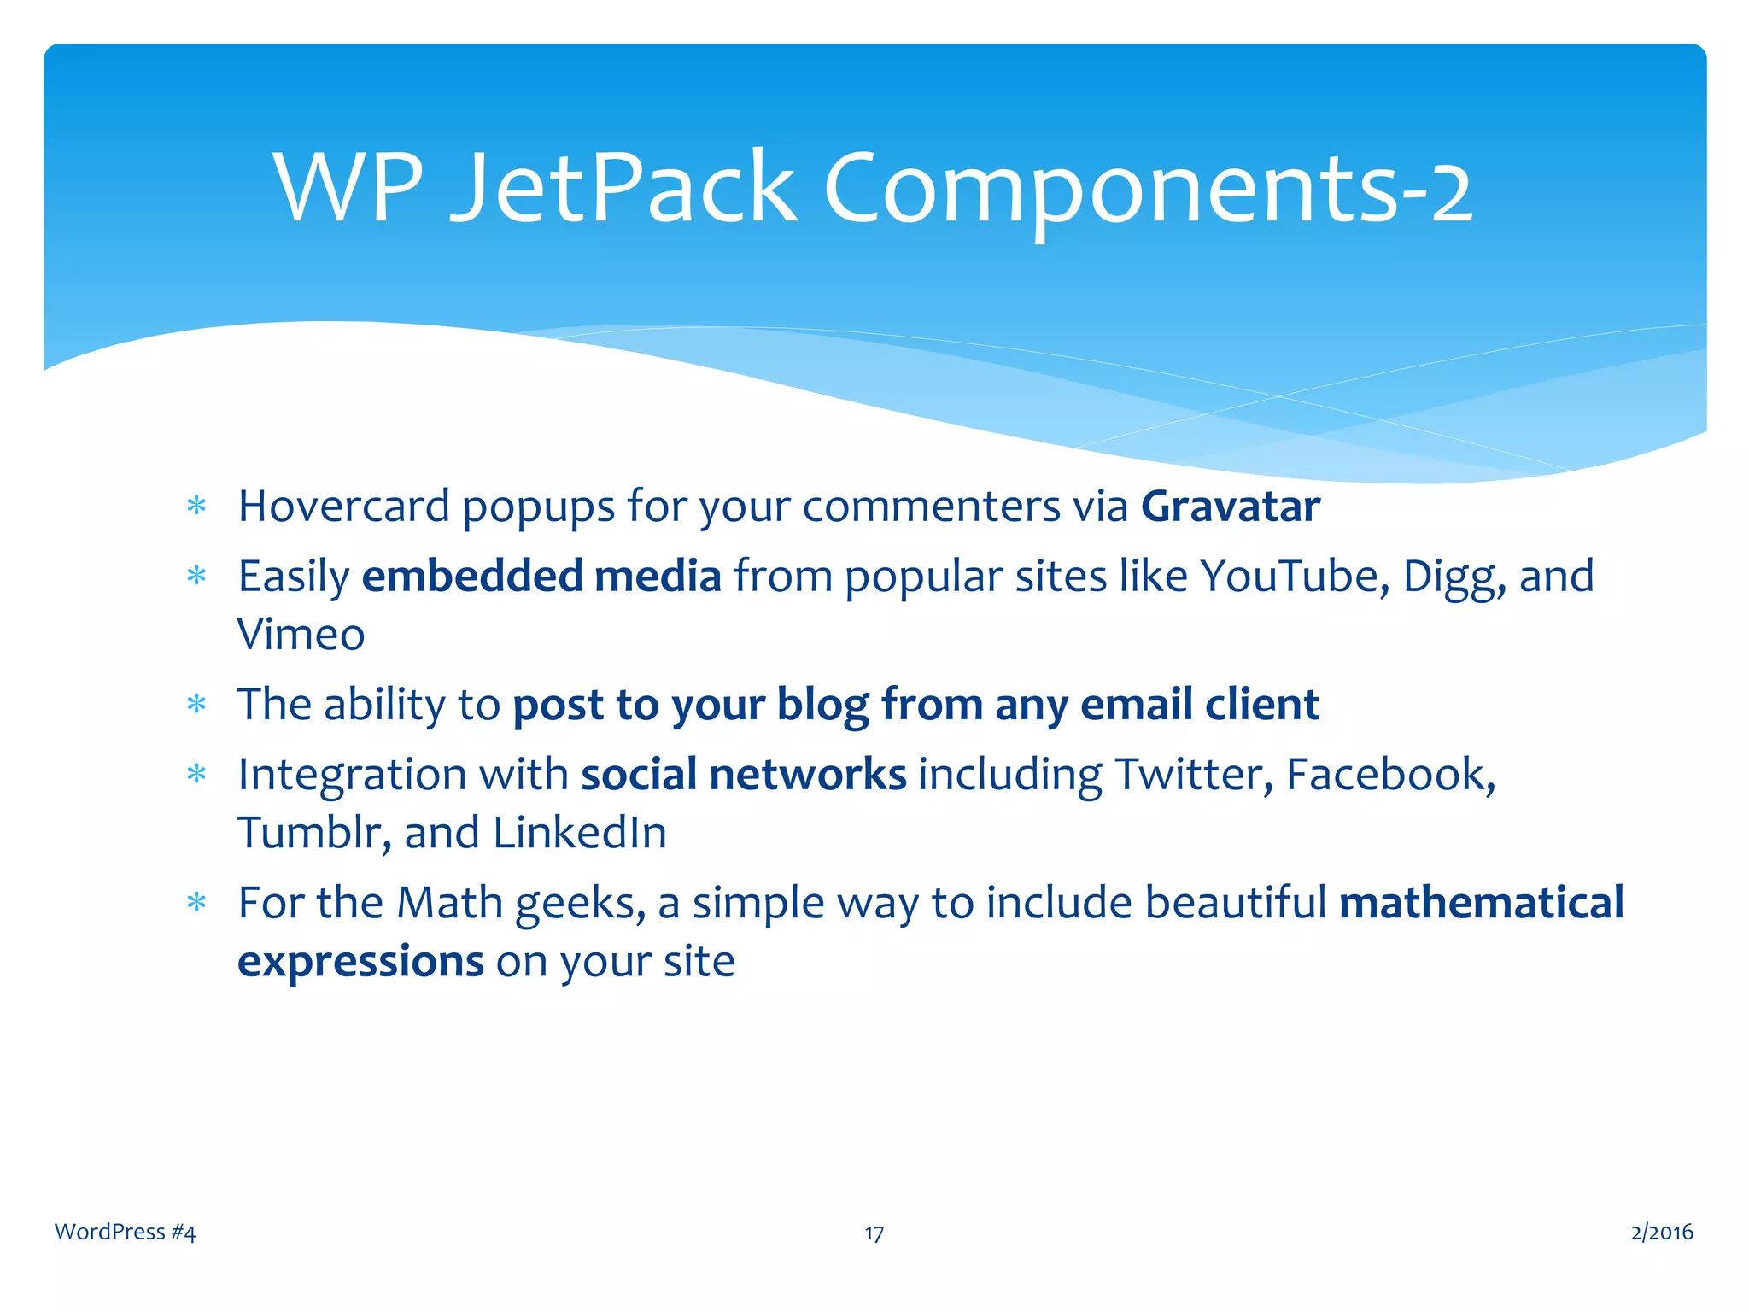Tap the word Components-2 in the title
[1148, 190]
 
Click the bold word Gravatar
[1231, 507]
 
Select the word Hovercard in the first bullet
[343, 507]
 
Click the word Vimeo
[301, 635]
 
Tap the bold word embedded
[472, 576]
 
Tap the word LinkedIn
[579, 833]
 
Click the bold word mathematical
[1481, 903]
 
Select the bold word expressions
[360, 963]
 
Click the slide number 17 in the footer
[874, 1233]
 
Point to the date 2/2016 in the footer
[1661, 1232]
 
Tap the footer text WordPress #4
[125, 1232]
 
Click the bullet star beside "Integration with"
[196, 774]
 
